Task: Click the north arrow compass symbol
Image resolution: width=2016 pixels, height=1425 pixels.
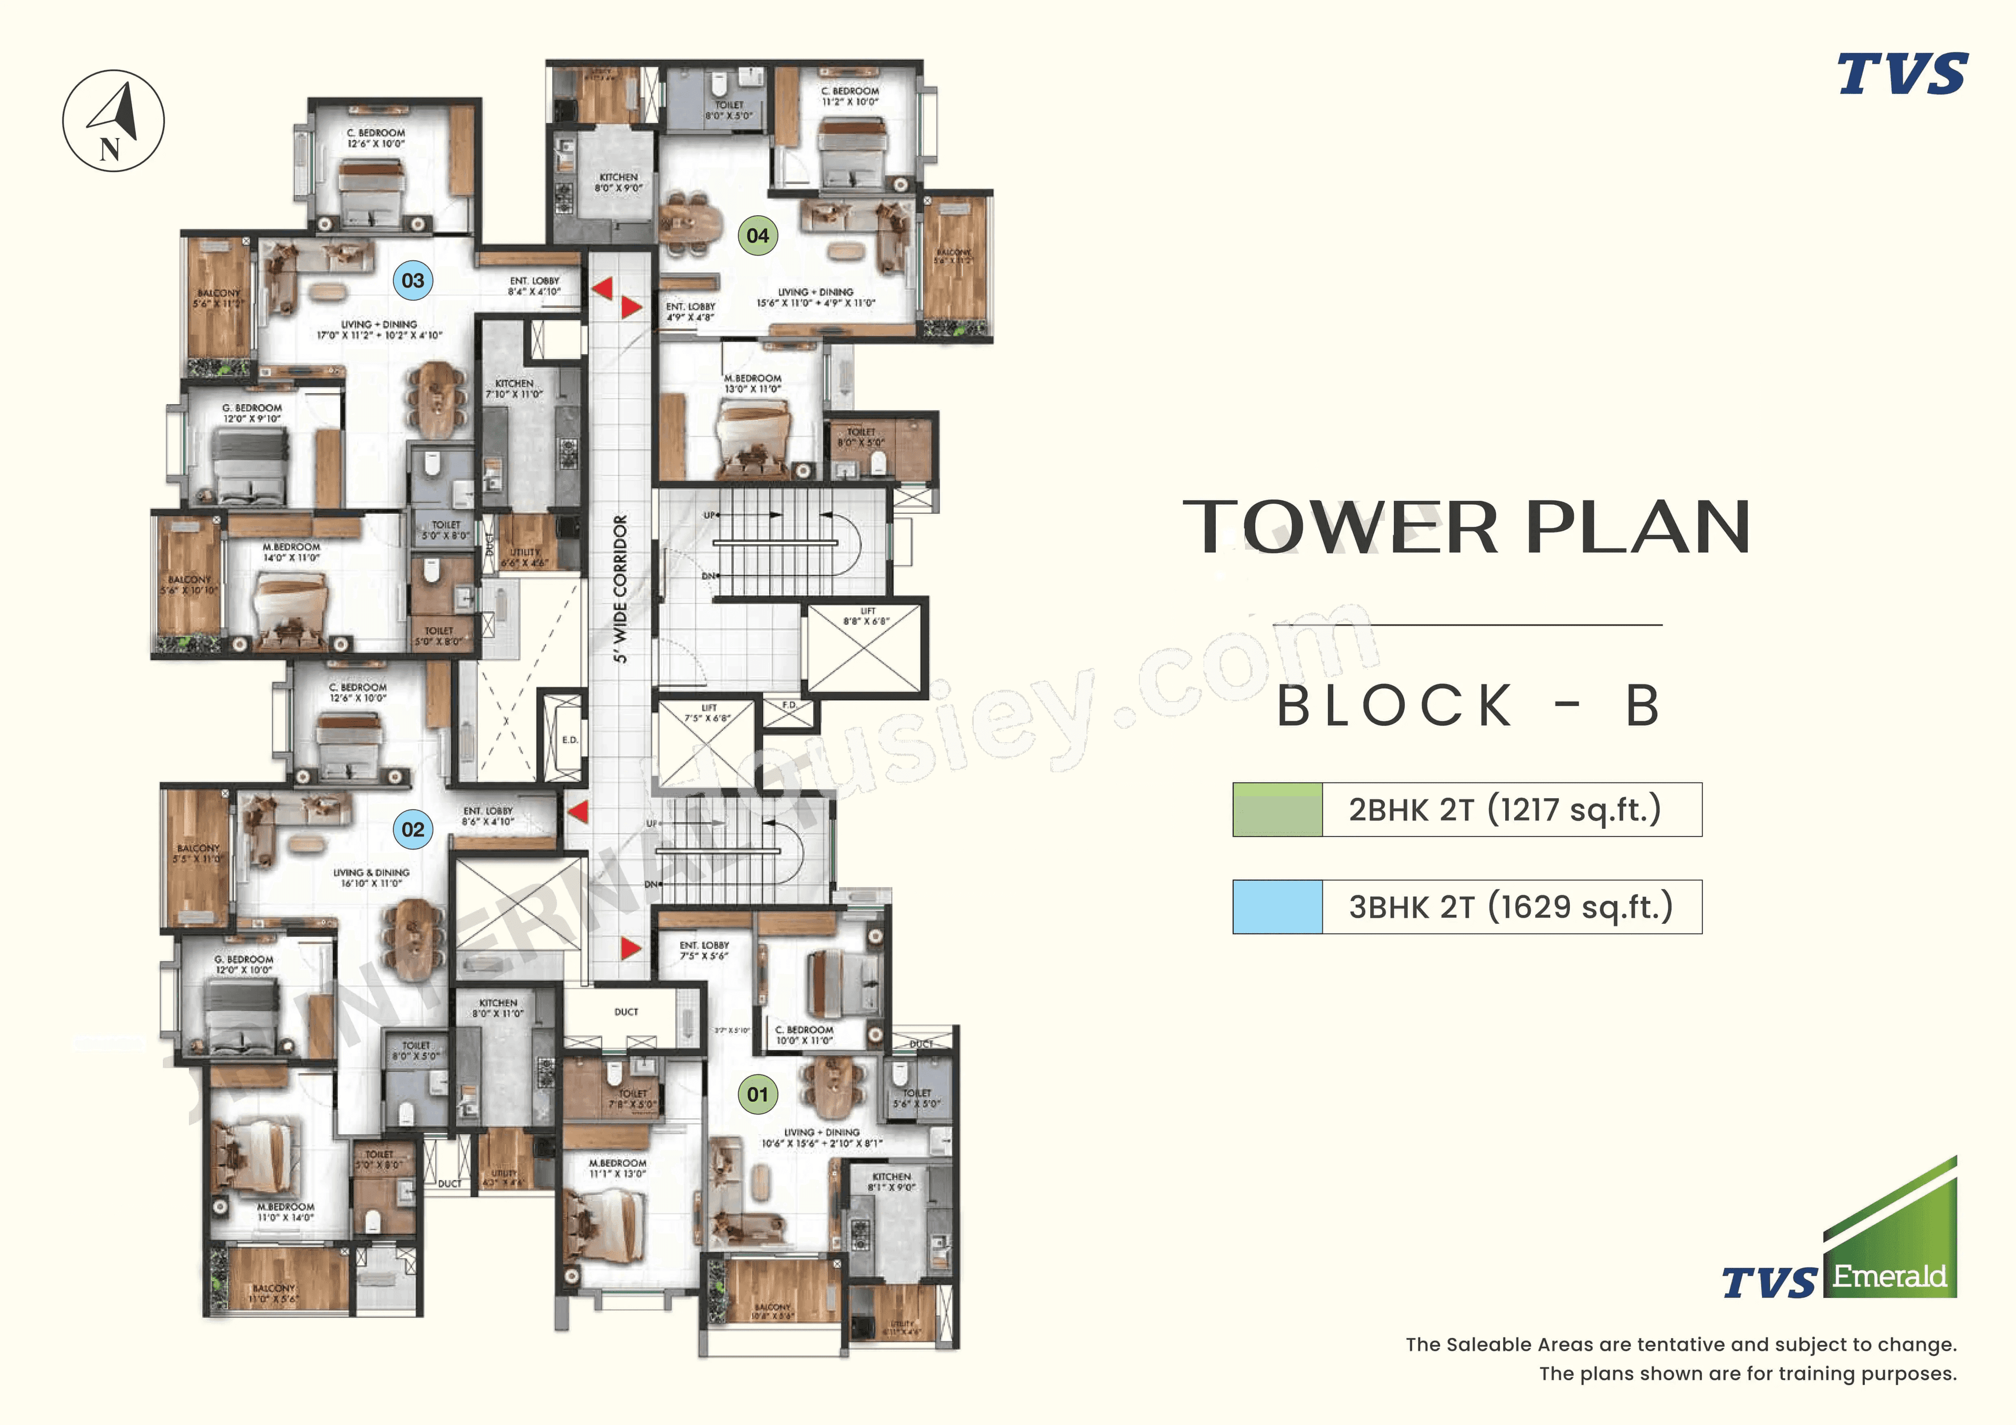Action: [x=113, y=120]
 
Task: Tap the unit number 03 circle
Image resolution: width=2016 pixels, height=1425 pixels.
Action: [x=413, y=280]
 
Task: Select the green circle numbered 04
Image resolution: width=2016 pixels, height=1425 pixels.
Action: [x=758, y=235]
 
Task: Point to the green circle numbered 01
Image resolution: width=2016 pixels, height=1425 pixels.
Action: [x=758, y=1095]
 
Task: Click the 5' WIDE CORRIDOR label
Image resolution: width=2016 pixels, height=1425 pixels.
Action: [x=621, y=589]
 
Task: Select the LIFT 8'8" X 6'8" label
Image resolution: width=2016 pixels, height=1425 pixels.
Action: [x=867, y=616]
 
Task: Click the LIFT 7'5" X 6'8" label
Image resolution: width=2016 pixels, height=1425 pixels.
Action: [x=708, y=713]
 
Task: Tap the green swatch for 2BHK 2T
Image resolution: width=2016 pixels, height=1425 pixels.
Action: [x=1277, y=809]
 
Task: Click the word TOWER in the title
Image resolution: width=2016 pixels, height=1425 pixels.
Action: [x=1340, y=527]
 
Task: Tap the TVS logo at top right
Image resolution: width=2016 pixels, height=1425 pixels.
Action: [x=1902, y=74]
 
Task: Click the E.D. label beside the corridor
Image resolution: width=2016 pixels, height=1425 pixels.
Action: [x=570, y=740]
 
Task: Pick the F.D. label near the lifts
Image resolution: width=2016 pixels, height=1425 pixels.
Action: [x=790, y=705]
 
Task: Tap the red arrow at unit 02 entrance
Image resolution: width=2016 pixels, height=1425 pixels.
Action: [x=577, y=811]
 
